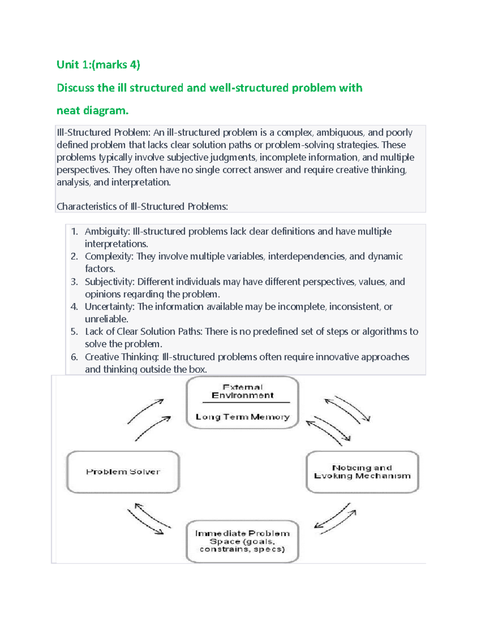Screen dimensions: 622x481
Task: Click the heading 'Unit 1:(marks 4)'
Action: click(98, 64)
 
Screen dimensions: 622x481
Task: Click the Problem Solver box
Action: click(123, 472)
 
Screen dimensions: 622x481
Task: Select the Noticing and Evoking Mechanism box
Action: click(362, 472)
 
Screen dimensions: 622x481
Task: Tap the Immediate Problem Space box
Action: click(243, 541)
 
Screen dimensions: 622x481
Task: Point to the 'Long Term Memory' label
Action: click(243, 417)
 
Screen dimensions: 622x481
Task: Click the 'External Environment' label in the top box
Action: click(243, 391)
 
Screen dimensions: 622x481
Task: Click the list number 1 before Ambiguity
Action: click(74, 231)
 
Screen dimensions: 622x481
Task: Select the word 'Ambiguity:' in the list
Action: click(107, 231)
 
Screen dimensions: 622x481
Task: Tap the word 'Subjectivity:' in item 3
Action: click(110, 282)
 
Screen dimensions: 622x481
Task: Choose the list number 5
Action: click(74, 332)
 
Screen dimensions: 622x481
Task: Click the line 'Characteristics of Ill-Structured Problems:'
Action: click(142, 207)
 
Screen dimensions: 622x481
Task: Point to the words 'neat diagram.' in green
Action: click(93, 111)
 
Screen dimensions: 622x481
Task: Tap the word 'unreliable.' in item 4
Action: click(107, 319)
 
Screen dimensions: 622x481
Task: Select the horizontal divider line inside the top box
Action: click(246, 403)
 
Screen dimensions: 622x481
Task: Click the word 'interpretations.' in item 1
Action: click(116, 244)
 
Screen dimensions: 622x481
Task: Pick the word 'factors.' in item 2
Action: click(100, 269)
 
